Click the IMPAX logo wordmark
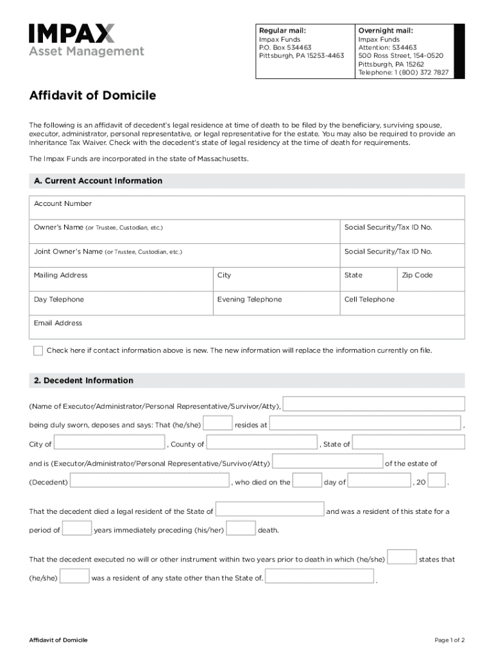point(72,34)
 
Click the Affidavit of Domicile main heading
point(92,96)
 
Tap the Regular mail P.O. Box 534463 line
point(284,47)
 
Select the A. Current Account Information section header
point(98,181)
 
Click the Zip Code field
point(430,280)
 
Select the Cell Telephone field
point(402,303)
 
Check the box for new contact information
point(38,351)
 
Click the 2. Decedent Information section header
point(83,380)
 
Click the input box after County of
point(262,443)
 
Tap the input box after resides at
point(366,423)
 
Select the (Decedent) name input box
point(149,481)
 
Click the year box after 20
point(436,481)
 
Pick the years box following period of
point(77,529)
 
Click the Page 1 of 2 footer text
point(449,640)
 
